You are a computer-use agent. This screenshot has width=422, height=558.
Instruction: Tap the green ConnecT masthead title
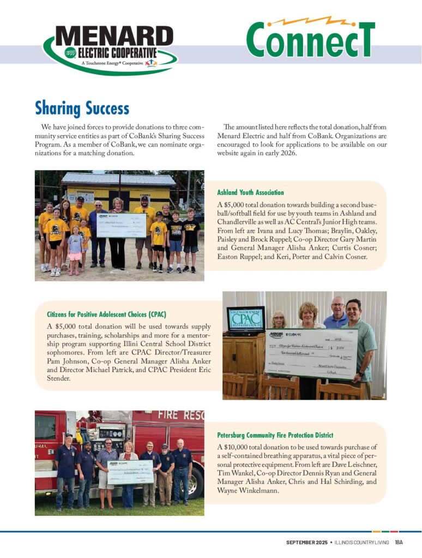pyautogui.click(x=310, y=39)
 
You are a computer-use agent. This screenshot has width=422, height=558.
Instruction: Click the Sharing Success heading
pyautogui.click(x=82, y=108)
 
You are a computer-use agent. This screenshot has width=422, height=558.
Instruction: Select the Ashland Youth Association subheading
pyautogui.click(x=250, y=193)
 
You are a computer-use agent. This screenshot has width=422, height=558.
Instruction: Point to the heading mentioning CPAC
pyautogui.click(x=107, y=314)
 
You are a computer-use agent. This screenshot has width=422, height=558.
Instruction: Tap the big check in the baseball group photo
pyautogui.click(x=121, y=225)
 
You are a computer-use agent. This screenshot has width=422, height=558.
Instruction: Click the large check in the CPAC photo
pyautogui.click(x=311, y=352)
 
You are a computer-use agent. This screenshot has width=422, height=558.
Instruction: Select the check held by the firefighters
pyautogui.click(x=130, y=472)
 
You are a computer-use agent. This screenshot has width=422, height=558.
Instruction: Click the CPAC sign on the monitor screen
pyautogui.click(x=245, y=319)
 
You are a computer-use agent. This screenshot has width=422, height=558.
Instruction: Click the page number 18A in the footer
pyautogui.click(x=399, y=542)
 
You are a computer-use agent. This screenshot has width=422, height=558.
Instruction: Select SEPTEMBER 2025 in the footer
pyautogui.click(x=307, y=542)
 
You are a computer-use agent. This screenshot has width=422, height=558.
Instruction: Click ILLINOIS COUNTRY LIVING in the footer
pyautogui.click(x=361, y=542)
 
